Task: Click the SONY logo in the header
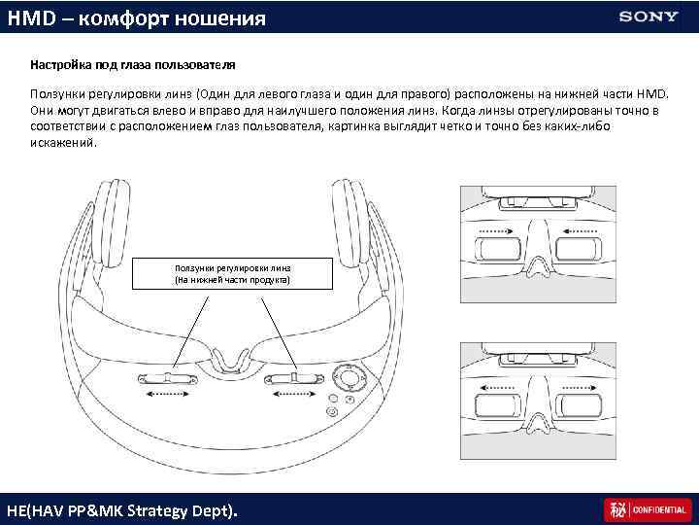[x=649, y=17]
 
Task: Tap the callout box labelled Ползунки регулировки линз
[x=232, y=273]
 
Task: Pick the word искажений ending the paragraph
[x=63, y=142]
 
